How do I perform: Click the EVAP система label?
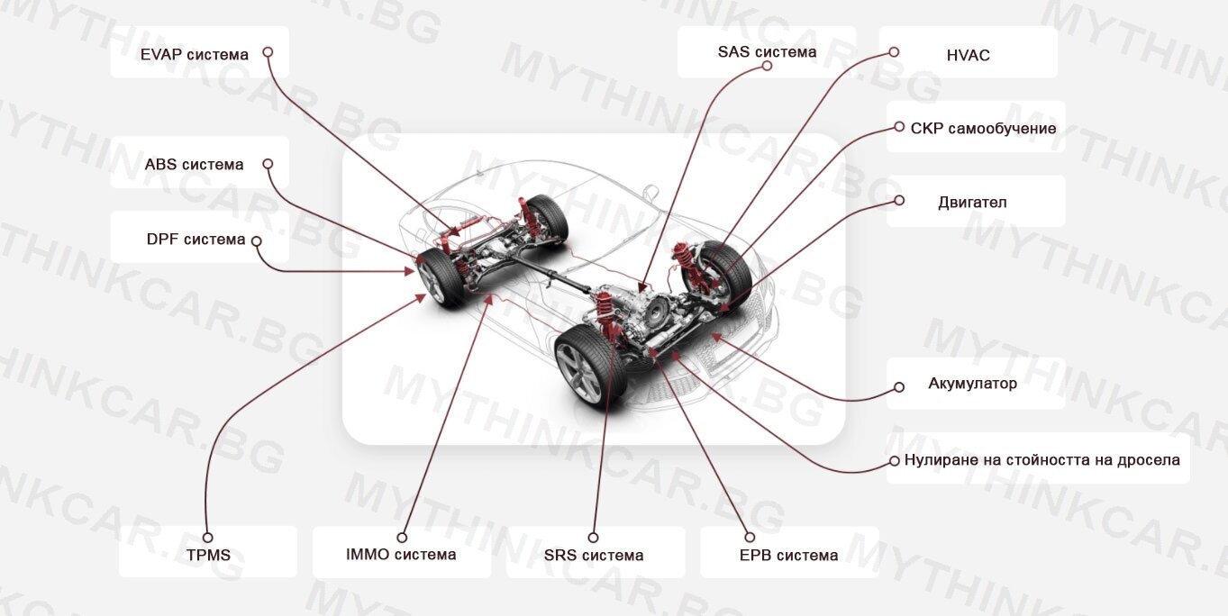point(194,54)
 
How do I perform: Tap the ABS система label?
point(194,165)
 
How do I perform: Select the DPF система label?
point(196,240)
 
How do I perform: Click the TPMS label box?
point(208,551)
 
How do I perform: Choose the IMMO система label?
point(401,554)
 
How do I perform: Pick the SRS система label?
point(594,555)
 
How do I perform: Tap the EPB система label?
point(789,555)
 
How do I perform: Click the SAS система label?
point(767,51)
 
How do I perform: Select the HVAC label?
point(969,55)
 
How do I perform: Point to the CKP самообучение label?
point(984,128)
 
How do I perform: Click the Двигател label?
point(972,203)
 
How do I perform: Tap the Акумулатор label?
point(972,383)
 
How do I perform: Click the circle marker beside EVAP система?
point(268,52)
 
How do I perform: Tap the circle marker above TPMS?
point(207,538)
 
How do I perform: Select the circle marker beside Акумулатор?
point(899,387)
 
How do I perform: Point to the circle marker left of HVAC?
point(894,52)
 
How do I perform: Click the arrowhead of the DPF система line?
point(409,271)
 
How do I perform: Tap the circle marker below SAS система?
point(767,66)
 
